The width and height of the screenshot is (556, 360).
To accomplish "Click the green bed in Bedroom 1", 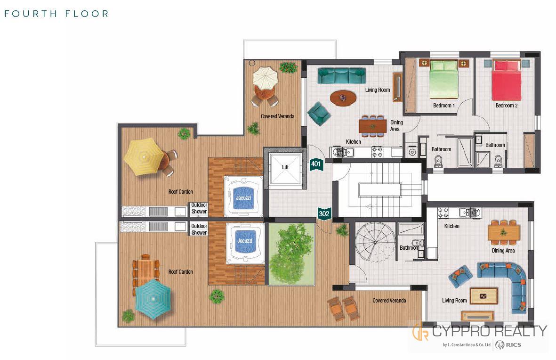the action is point(443,79).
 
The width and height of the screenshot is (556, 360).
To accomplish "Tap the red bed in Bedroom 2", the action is point(507,80).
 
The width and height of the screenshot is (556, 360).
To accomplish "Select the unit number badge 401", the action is point(316,164).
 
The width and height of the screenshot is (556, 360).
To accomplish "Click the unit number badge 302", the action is point(324,214).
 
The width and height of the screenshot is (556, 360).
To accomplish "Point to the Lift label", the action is point(285,167).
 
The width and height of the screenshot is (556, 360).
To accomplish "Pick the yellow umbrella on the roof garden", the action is point(144,156).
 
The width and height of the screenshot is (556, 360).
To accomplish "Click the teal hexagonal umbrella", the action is point(153,299).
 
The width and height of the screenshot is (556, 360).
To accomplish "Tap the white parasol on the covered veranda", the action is point(265,79).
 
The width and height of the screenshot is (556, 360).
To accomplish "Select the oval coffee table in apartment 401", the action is point(343,98).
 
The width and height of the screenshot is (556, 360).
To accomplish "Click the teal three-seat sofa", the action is point(341,75).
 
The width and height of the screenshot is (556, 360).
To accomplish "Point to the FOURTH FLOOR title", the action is point(56,14).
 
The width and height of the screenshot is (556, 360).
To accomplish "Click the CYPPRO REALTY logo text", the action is point(490,331).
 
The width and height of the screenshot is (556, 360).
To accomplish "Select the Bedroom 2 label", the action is point(507,106).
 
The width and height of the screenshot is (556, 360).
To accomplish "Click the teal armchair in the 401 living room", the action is point(319,114).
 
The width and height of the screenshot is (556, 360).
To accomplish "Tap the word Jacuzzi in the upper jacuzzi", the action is point(243,198).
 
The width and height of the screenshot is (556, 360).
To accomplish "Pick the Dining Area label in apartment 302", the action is point(503,251).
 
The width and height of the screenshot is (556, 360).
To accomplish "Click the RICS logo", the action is point(508,344).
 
